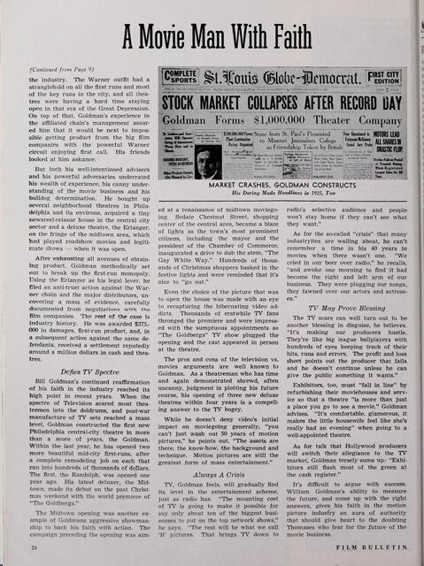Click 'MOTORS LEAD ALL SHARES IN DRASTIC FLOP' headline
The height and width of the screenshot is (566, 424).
coord(394,147)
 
